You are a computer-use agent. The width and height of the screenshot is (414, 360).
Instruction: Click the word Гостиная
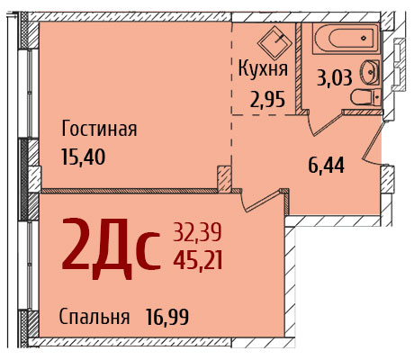pos(99,129)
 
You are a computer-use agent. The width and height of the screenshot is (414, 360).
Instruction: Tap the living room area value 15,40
pos(84,157)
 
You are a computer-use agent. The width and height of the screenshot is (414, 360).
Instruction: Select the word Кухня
pos(263,68)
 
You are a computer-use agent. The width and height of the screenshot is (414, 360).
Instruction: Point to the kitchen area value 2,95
pos(267,100)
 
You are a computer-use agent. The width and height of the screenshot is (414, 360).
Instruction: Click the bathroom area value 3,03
pos(335,78)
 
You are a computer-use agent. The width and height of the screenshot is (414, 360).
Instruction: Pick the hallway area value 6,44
pos(326,166)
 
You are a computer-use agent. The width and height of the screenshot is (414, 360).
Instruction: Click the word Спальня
pos(94,317)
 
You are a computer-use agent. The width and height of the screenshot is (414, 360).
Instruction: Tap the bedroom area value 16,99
pos(167,317)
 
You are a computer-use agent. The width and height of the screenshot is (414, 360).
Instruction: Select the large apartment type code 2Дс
pos(111,248)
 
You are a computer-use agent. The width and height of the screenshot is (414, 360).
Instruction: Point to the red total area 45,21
pos(198,260)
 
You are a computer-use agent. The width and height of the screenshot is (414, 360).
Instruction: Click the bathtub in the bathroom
pos(346,39)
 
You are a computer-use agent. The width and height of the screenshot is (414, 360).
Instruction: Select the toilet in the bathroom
pos(365,97)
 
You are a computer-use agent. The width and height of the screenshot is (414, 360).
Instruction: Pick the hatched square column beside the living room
pos(224,179)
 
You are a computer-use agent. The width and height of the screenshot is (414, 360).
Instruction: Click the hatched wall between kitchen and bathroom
pos(299,67)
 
